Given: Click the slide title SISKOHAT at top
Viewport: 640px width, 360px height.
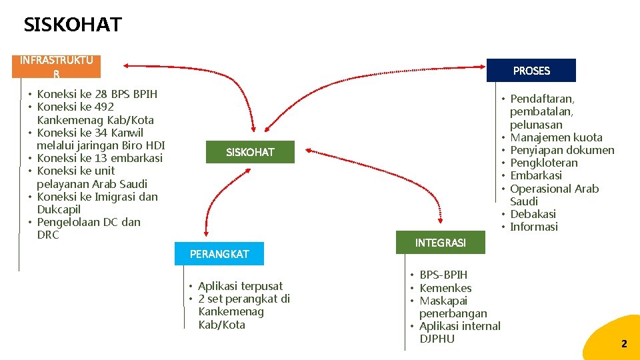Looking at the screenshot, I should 73,25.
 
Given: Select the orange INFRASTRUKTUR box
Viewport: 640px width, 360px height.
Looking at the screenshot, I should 56,66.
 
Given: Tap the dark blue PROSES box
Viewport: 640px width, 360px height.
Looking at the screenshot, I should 531,71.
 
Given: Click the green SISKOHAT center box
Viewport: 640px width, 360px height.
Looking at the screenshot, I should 250,152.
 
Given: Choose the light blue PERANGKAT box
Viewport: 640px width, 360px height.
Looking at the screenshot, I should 219,254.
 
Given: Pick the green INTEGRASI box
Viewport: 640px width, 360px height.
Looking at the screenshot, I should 440,243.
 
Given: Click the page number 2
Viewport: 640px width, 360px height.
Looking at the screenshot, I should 624,344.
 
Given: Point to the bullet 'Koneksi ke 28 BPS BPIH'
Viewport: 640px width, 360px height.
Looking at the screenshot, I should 97,94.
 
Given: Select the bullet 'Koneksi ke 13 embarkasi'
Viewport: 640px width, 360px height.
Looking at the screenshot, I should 100,158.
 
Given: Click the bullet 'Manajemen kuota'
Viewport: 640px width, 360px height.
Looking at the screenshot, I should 556,137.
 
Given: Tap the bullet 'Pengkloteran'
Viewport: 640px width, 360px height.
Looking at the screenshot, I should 544,163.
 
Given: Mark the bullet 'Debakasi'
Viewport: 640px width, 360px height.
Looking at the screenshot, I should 533,214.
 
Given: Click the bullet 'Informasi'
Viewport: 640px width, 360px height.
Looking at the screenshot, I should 534,227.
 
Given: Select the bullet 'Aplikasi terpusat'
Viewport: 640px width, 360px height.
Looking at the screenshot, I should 240,286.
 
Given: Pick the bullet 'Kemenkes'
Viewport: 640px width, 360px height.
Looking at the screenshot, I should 445,288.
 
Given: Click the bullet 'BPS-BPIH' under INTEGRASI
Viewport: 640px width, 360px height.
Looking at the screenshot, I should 443,275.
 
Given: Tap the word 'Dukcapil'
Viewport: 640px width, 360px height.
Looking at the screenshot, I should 59,209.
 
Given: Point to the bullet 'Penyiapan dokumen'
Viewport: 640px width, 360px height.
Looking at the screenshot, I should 562,150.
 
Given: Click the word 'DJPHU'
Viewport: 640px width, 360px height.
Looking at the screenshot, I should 437,339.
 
